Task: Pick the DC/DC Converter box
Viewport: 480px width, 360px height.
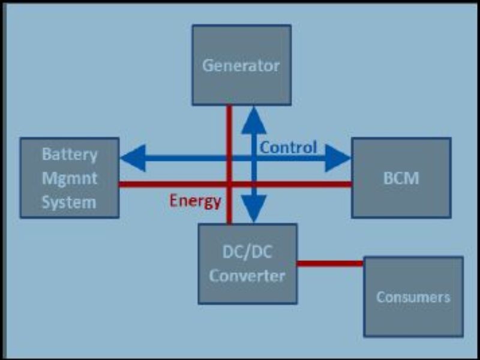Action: point(247,288)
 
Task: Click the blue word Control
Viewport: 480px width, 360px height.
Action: point(288,148)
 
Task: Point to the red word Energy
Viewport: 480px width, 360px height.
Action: point(195,201)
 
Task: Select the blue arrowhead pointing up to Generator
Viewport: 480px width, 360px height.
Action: point(254,120)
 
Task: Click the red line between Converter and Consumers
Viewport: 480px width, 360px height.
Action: point(330,263)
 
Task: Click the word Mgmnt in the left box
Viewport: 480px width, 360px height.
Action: point(69,178)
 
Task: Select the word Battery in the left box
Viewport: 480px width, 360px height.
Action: point(69,154)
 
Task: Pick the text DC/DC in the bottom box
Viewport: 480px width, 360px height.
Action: point(247,253)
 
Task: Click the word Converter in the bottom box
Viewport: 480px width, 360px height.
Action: point(247,276)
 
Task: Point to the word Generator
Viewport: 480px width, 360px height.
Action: point(241,65)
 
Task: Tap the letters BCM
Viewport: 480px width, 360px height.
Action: point(401,178)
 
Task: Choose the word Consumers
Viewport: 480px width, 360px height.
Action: point(413,297)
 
